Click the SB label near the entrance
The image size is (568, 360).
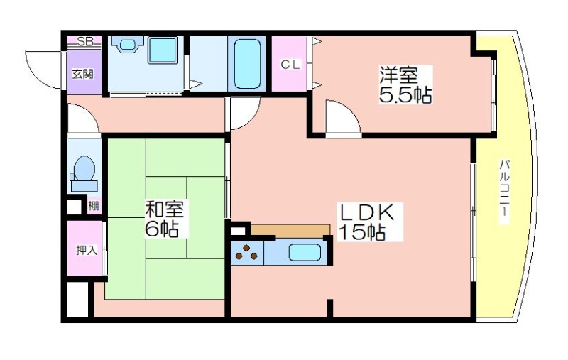coord(85,41)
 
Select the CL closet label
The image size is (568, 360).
coord(291,65)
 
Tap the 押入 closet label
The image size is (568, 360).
coord(87,250)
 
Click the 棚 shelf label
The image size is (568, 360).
coord(94,207)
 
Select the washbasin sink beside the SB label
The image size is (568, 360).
coord(127,45)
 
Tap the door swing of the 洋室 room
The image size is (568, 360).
coord(339,117)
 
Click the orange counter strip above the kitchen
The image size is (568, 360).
coord(290,230)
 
